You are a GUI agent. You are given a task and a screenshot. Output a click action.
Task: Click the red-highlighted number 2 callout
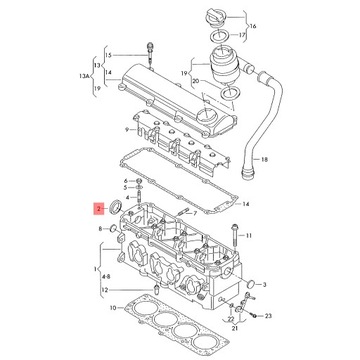click(98, 210)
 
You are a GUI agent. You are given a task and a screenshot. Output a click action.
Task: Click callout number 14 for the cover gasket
click(246, 203)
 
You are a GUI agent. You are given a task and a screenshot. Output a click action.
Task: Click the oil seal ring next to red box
click(121, 207)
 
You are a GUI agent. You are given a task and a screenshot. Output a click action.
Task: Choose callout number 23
click(267, 316)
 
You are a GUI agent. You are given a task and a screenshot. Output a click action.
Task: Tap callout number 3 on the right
click(264, 284)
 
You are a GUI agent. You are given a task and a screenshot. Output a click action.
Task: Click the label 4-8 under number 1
click(105, 277)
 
